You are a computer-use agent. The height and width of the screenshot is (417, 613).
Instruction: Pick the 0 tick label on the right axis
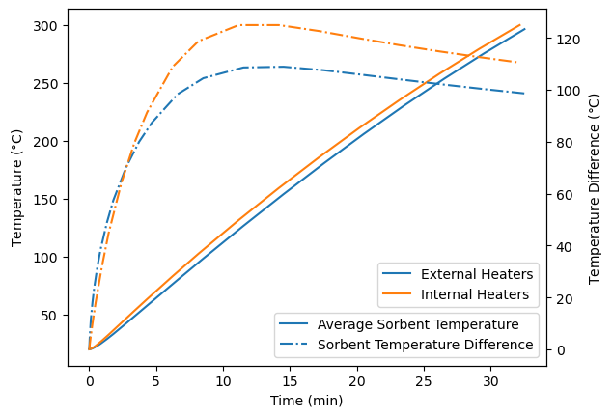557,349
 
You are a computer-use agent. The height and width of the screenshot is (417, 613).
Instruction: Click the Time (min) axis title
306,401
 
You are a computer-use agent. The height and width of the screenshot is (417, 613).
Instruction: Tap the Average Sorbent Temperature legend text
418,324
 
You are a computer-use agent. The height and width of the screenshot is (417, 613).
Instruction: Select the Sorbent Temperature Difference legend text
425,344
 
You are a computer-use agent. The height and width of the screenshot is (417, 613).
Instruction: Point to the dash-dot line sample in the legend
295,344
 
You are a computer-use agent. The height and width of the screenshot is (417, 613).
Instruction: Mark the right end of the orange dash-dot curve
516,62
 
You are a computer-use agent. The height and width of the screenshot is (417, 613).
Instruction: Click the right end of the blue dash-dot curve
524,94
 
